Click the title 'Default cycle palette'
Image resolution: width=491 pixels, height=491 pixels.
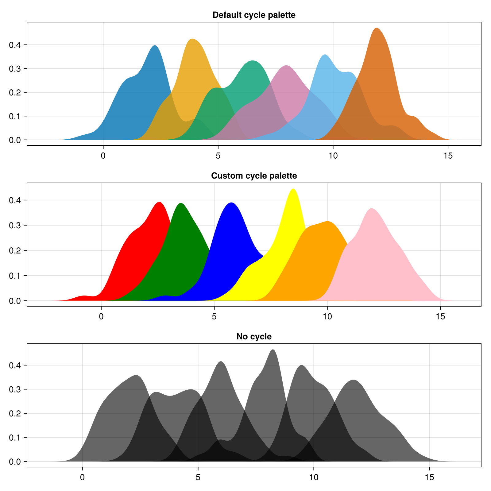click(254, 15)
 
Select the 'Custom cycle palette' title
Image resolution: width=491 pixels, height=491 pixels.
click(254, 176)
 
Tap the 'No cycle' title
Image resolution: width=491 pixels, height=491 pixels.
click(254, 337)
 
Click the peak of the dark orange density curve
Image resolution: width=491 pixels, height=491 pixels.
click(377, 29)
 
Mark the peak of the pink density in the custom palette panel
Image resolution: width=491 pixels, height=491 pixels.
click(372, 209)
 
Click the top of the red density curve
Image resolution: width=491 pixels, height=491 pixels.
click(160, 203)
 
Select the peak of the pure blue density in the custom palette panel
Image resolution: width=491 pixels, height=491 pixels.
click(231, 203)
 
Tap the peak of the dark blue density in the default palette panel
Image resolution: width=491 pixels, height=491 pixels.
click(155, 46)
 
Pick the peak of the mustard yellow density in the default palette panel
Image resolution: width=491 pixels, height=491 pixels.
click(192, 39)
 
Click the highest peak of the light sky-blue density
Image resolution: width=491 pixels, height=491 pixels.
click(325, 55)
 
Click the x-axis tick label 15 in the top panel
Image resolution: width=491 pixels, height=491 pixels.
click(448, 156)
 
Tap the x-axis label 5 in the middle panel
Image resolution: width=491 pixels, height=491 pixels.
click(214, 316)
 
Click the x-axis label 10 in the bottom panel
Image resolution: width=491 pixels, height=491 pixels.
click(313, 477)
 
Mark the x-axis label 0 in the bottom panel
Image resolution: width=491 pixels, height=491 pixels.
click(82, 477)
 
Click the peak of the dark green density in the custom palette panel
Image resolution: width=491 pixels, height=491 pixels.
click(181, 203)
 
